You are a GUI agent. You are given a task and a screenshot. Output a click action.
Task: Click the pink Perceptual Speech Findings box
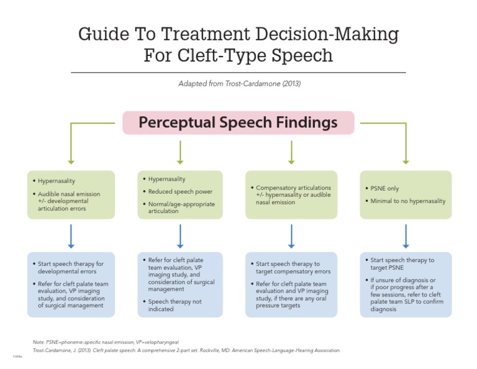pos(238,122)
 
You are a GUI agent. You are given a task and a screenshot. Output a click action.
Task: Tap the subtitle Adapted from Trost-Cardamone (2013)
pos(238,83)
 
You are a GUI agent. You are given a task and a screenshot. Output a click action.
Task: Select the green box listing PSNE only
pos(406,194)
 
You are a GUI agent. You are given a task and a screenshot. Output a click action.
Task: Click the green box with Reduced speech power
pos(180,194)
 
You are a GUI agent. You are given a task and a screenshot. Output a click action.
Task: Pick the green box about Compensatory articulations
pos(291,194)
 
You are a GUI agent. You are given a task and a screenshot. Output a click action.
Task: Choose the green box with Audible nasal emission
pos(71,194)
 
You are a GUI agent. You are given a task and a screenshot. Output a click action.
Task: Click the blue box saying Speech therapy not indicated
pos(180,284)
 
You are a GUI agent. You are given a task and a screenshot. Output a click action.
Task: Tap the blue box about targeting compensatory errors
pos(291,284)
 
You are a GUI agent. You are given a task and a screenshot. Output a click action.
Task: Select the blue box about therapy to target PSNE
pos(406,284)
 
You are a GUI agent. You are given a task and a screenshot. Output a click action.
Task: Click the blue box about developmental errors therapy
pos(71,284)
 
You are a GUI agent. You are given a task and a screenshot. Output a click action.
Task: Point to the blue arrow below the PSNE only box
pos(406,235)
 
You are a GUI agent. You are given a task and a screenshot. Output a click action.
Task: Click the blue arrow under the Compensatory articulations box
pos(291,235)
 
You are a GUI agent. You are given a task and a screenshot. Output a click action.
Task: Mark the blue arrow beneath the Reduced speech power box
pos(180,235)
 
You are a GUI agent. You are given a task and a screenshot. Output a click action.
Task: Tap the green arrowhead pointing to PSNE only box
pos(406,161)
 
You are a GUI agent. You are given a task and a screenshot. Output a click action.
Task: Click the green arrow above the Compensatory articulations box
pos(291,152)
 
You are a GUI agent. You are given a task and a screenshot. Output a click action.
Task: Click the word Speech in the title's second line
pos(304,56)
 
